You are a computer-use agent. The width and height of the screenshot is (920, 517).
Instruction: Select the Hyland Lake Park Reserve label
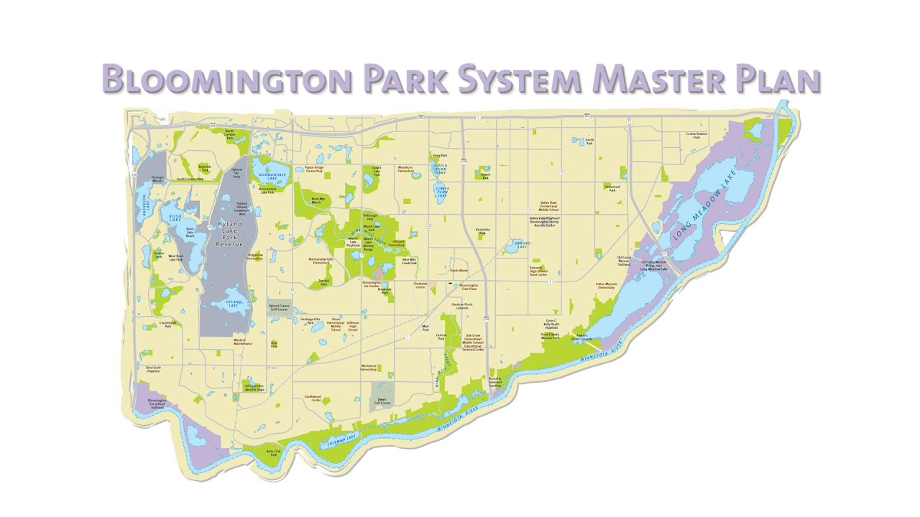[x=229, y=234]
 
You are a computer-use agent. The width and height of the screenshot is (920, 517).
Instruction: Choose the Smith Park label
[x=589, y=141]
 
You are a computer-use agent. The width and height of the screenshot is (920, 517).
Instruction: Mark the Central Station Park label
[x=696, y=135]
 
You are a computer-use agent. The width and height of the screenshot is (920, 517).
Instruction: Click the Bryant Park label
[x=485, y=176]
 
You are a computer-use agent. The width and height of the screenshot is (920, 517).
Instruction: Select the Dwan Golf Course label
[x=382, y=401]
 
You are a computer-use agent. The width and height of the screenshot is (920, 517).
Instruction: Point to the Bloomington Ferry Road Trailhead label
[x=157, y=404]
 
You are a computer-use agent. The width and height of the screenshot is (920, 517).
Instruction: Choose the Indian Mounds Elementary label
[x=605, y=286]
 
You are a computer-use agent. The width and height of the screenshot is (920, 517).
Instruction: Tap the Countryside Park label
[x=167, y=325]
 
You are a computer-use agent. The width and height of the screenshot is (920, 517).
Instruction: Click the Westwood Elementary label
[x=369, y=368]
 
